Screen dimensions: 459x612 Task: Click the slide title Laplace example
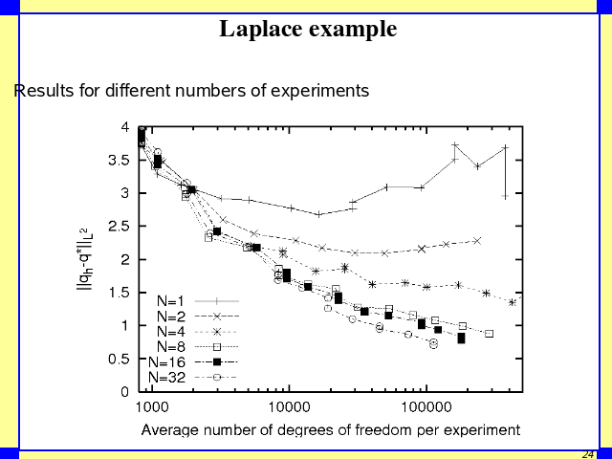pyautogui.click(x=308, y=30)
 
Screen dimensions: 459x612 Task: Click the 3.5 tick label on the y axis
pyautogui.click(x=120, y=160)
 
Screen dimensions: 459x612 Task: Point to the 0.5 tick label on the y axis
pyautogui.click(x=120, y=359)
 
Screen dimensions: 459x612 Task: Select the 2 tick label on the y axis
pyautogui.click(x=125, y=259)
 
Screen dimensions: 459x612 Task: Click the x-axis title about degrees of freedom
pyautogui.click(x=331, y=429)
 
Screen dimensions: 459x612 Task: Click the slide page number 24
pyautogui.click(x=588, y=453)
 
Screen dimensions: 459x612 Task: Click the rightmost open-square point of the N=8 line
pyautogui.click(x=489, y=334)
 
